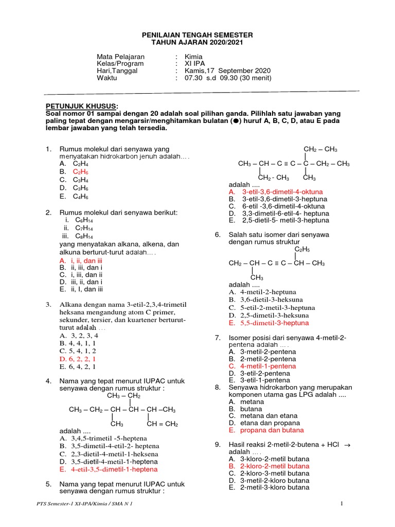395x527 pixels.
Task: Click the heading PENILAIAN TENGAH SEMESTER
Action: tap(197, 34)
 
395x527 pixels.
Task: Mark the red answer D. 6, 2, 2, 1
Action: tap(78, 359)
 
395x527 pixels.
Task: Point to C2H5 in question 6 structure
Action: tap(302, 249)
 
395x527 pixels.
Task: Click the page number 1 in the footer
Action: tap(342, 503)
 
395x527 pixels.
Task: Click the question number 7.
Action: tap(218, 338)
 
